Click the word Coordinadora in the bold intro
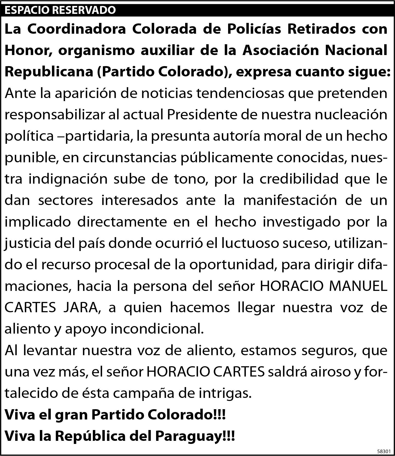coord(77,29)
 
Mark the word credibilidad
coord(299,179)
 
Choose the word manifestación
coord(290,200)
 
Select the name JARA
coord(82,308)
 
